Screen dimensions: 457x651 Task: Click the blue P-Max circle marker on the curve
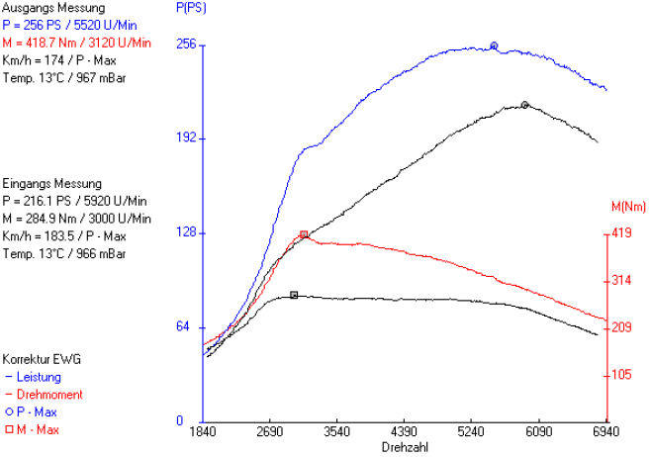[494, 46]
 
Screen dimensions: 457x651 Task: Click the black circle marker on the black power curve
[524, 104]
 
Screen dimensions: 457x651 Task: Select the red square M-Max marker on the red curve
[304, 234]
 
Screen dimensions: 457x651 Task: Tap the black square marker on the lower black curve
[294, 295]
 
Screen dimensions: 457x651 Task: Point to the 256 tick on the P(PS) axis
[186, 45]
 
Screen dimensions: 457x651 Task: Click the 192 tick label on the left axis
[186, 138]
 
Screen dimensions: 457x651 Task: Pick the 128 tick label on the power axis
[186, 232]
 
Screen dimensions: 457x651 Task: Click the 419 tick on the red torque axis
[622, 233]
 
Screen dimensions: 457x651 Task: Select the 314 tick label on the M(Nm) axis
[622, 281]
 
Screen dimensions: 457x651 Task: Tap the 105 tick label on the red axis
[622, 374]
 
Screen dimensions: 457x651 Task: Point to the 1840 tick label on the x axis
[203, 432]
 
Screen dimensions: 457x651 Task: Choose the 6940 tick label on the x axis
[604, 432]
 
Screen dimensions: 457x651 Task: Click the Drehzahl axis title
[404, 447]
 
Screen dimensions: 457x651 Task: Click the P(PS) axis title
[191, 8]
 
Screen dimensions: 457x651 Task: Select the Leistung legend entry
[39, 377]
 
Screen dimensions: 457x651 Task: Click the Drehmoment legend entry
[46, 394]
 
